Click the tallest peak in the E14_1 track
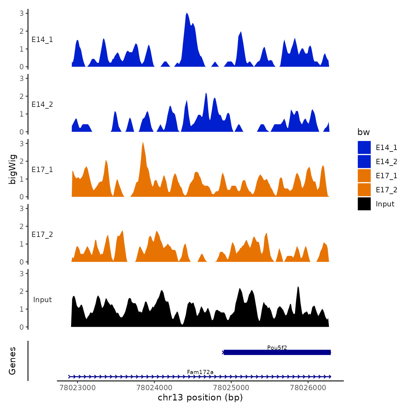click(x=187, y=14)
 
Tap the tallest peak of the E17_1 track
click(x=143, y=143)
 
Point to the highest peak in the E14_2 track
click(x=206, y=93)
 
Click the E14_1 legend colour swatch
click(x=364, y=147)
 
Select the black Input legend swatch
click(x=364, y=204)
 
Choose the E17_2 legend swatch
click(x=364, y=190)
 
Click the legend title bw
click(x=363, y=132)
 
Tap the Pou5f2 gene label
click(x=277, y=348)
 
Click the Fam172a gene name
click(x=200, y=372)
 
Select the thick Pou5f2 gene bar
click(x=277, y=352)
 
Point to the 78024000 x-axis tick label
click(x=154, y=388)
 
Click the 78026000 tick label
click(x=308, y=388)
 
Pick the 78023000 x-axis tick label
click(x=78, y=388)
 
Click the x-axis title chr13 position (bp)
click(x=200, y=397)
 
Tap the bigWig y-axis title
click(x=12, y=169)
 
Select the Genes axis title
click(x=12, y=361)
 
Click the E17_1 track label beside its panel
click(x=42, y=170)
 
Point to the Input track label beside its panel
click(x=42, y=300)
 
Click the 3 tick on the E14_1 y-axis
click(x=22, y=13)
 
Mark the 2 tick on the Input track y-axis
click(x=22, y=291)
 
